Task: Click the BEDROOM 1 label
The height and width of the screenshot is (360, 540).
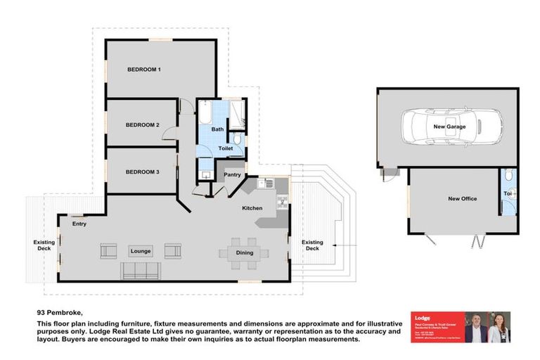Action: pos(144,70)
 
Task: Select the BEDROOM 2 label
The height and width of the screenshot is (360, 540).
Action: pos(143,125)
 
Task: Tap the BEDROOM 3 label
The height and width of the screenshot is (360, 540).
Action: pos(143,172)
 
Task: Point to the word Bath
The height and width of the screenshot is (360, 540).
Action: pos(217,129)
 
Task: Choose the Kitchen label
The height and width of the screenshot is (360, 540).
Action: pos(252,209)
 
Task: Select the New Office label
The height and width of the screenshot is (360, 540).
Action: pos(462,199)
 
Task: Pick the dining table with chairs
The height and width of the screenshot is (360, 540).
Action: pos(244,252)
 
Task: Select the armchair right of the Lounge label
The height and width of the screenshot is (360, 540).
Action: pos(173,250)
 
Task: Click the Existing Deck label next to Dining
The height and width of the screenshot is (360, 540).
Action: pos(312,245)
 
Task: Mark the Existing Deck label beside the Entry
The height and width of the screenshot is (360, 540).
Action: pos(44,245)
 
